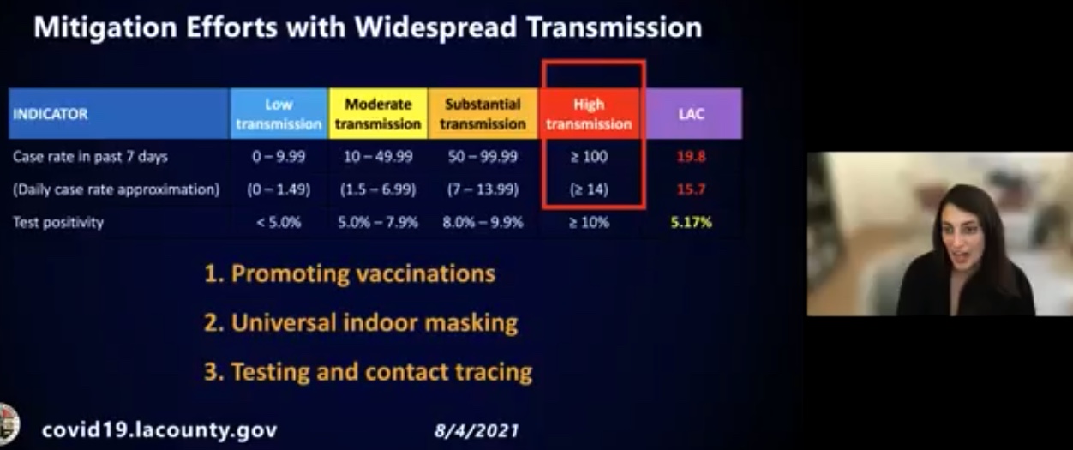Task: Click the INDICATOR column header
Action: tap(119, 114)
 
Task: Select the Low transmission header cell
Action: tap(279, 114)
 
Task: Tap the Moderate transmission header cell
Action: tap(378, 114)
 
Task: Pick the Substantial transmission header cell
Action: tap(483, 114)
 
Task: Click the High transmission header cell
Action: tap(589, 114)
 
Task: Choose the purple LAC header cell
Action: tap(692, 114)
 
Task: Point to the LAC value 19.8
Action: tap(692, 157)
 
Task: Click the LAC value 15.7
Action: tap(692, 189)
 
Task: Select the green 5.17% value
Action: tap(692, 222)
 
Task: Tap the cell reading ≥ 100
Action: tap(589, 157)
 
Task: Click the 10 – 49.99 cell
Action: tap(378, 157)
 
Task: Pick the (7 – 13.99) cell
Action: tap(483, 189)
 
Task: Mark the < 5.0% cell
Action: tap(279, 222)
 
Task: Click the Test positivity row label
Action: tap(58, 223)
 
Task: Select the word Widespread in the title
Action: tap(436, 27)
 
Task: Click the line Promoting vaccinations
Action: tap(350, 274)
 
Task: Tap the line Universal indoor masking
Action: tap(361, 323)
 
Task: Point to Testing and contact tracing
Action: tap(368, 372)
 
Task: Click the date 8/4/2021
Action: tap(477, 431)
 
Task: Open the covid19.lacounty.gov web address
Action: tap(159, 430)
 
